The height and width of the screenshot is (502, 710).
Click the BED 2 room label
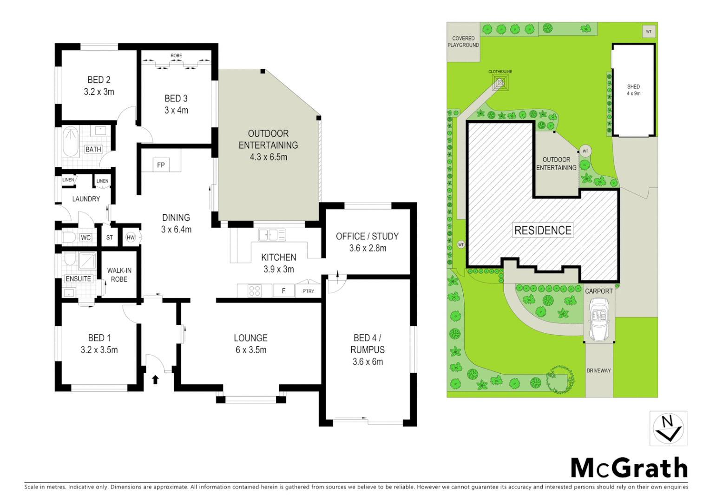[99, 80]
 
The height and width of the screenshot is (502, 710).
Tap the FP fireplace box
[161, 165]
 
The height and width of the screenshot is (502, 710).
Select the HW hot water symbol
[131, 238]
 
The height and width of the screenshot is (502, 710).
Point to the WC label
[85, 238]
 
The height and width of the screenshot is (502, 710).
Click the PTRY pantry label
[308, 291]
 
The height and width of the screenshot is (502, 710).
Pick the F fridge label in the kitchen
[283, 291]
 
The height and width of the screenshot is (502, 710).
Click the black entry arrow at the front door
[155, 379]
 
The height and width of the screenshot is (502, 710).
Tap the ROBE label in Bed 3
[176, 56]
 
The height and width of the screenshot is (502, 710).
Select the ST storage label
[110, 238]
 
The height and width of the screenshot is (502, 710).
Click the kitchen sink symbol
[272, 235]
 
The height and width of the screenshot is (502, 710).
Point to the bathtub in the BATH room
[71, 141]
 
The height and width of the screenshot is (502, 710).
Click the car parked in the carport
[599, 319]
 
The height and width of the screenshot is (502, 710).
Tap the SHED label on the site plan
[633, 87]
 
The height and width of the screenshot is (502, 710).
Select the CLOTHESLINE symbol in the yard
[500, 83]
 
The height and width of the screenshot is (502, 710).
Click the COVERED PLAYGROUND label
[463, 42]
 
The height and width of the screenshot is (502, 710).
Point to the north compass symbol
[668, 429]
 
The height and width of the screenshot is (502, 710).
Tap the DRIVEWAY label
[598, 370]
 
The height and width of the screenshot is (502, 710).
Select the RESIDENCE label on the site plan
[543, 230]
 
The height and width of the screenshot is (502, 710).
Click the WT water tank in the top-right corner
[649, 32]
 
